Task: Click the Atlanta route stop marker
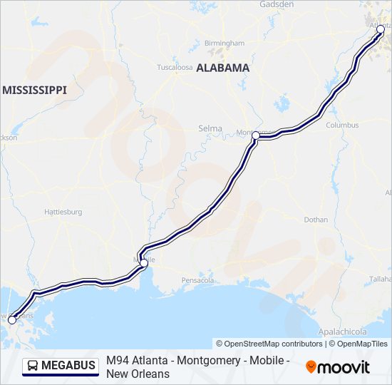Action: click(x=380, y=29)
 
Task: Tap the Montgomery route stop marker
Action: click(x=255, y=135)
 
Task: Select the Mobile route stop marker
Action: click(x=144, y=263)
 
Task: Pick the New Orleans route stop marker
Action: click(x=11, y=320)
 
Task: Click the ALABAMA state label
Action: click(x=222, y=68)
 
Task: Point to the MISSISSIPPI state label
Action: click(x=34, y=90)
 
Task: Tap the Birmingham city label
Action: click(x=225, y=43)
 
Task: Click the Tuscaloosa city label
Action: click(x=175, y=68)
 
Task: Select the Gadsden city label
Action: click(x=277, y=4)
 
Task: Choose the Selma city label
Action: click(x=210, y=128)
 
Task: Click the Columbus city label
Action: click(x=342, y=125)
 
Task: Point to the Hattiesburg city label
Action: click(x=63, y=212)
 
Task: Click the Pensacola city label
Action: click(x=197, y=280)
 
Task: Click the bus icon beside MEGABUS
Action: click(x=33, y=366)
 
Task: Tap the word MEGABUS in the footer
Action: click(x=68, y=366)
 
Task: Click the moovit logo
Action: click(x=338, y=367)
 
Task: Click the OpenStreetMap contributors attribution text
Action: click(x=269, y=344)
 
